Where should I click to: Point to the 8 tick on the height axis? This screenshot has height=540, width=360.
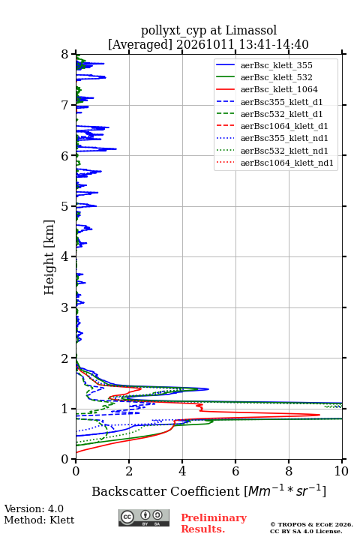tap(73, 54)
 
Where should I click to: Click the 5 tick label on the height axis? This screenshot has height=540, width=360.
tap(65, 207)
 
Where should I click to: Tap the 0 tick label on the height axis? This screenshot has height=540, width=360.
tap(65, 459)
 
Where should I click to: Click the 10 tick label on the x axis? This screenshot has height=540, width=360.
tap(341, 471)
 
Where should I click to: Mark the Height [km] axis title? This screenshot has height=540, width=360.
tap(49, 257)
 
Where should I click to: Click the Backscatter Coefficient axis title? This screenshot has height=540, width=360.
tap(208, 491)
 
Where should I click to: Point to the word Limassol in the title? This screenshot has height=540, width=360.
tap(251, 31)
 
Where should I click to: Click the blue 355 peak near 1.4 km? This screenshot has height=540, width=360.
tap(208, 389)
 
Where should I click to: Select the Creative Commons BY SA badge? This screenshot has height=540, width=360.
tap(144, 517)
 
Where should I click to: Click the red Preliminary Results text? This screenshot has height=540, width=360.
tap(214, 523)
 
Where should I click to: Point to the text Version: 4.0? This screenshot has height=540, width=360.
tap(34, 509)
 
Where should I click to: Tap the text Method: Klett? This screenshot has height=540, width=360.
tap(39, 520)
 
